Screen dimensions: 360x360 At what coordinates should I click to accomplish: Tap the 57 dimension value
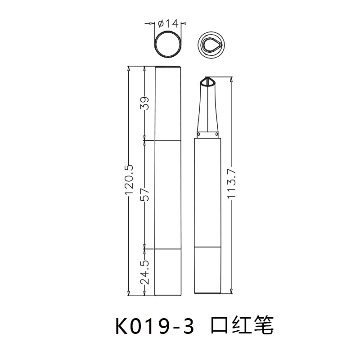[144, 194]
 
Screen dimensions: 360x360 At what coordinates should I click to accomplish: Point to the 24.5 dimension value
[144, 271]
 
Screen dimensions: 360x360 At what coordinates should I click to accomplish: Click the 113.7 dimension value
[231, 185]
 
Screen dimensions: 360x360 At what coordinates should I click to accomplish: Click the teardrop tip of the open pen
[207, 82]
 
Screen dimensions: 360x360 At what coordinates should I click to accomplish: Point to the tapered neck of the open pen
[207, 110]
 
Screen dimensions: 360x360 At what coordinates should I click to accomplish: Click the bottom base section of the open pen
[207, 270]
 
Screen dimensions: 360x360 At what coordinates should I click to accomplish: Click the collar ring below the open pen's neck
[207, 135]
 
